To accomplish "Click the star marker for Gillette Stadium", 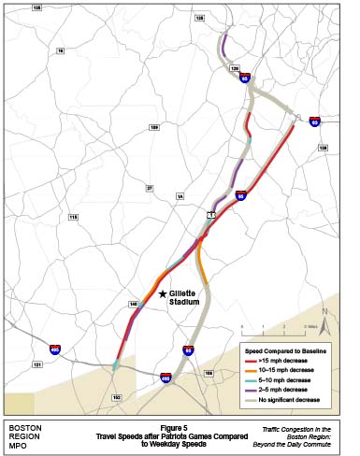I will pos(163,293).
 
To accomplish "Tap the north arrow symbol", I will pos(323,318).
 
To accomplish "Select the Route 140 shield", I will pos(134,305).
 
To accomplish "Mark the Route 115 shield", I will pos(72,217).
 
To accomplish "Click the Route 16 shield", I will pos(60,50).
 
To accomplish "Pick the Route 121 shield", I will pos(37,365).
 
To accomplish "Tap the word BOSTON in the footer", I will pos(22,426).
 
